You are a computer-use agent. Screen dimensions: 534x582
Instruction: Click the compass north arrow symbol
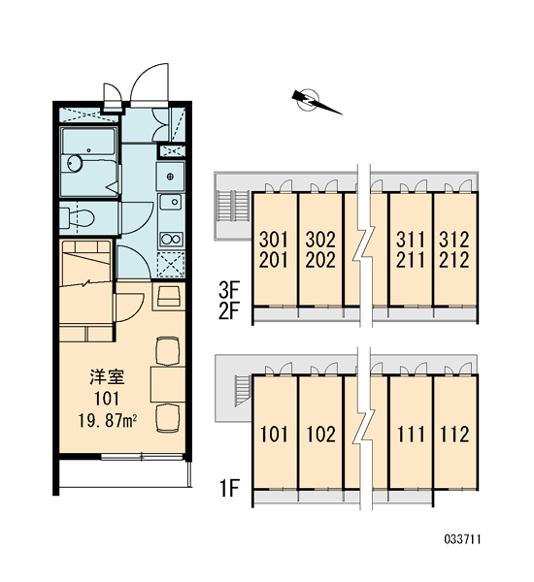coord(317,101)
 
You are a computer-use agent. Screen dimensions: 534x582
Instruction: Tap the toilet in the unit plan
coord(78,218)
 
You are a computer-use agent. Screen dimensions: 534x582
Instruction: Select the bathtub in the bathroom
coord(88,141)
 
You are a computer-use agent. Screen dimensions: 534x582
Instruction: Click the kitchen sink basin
coord(171,203)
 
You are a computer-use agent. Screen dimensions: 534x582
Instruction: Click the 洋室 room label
coord(107,376)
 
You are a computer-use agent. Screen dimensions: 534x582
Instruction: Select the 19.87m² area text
coord(108,421)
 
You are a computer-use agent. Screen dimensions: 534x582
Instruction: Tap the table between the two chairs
coord(168,384)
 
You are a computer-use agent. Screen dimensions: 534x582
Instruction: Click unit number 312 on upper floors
coord(454,240)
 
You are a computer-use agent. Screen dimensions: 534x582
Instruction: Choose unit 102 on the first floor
coord(320,434)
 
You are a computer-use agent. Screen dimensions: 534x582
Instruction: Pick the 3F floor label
coord(230,290)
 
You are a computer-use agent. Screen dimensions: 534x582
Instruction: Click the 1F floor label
coord(230,488)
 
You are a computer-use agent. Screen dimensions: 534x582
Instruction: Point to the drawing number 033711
coord(462,539)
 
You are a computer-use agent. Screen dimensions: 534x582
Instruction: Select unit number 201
coord(274,260)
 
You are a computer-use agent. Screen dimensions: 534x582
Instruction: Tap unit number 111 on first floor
coord(411,434)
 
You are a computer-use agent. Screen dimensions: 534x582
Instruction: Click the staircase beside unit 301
coord(233,207)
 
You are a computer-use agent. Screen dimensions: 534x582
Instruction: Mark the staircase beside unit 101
coord(243,391)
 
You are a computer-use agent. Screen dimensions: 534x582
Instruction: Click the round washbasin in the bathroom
coord(76,163)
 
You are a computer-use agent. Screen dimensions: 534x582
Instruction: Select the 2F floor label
coord(230,311)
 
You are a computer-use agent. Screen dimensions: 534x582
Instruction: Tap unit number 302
coord(320,240)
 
